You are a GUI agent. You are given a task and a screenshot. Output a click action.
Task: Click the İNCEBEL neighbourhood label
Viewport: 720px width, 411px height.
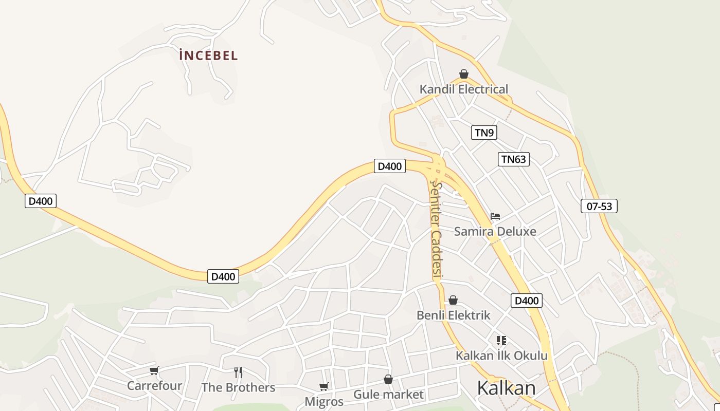(209, 55)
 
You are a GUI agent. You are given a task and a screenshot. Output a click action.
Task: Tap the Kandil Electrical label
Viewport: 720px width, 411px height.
(463, 89)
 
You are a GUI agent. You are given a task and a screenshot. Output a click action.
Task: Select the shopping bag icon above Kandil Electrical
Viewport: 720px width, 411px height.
(464, 74)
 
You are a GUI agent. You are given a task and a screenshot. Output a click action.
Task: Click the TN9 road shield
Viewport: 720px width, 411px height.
(484, 133)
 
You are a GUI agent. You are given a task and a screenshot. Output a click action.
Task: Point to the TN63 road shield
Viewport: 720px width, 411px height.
(514, 159)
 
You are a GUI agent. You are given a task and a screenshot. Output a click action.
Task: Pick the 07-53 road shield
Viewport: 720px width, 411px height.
(599, 207)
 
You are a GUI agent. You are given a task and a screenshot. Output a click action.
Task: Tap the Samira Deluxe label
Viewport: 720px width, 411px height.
(495, 232)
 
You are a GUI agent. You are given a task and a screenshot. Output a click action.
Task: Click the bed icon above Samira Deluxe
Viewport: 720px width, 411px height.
(495, 216)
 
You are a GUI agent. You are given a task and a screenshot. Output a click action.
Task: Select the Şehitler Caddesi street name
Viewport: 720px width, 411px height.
(437, 229)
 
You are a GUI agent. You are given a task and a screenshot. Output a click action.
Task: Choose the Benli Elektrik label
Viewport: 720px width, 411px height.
(454, 315)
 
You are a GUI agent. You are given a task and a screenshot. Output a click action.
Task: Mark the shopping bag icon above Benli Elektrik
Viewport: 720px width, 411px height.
(453, 300)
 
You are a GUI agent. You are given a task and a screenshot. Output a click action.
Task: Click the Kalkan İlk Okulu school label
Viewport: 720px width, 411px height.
(501, 356)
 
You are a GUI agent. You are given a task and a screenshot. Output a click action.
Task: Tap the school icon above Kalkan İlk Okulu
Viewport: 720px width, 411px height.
(501, 340)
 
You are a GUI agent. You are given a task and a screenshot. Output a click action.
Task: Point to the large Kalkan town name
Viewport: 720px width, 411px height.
(506, 388)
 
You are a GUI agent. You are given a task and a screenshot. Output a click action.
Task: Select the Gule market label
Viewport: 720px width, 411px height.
(388, 395)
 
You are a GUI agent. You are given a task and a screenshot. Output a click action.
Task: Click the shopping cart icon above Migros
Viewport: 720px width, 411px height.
(323, 386)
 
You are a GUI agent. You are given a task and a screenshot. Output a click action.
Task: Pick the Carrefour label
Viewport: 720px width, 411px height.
(154, 385)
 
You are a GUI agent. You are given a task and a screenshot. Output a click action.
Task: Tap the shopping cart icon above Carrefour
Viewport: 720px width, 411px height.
(154, 370)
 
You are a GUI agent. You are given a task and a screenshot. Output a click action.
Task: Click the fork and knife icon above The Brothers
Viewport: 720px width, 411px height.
(238, 372)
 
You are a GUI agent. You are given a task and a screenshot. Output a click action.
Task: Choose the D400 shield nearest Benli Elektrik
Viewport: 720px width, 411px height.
(527, 301)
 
